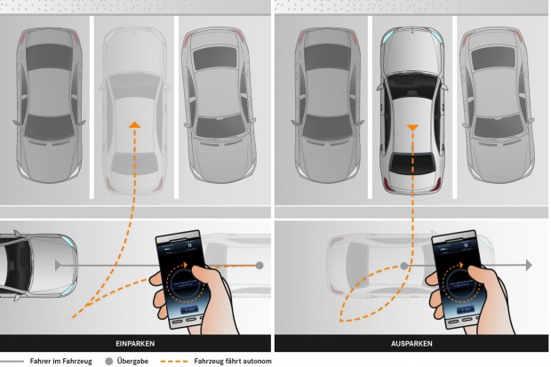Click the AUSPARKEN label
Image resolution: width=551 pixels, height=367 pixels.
pos(411,342)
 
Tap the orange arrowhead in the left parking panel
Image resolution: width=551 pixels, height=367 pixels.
pos(133,125)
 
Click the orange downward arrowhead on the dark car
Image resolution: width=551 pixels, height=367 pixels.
pos(411,130)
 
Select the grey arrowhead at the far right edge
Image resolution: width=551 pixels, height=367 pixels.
pos(526,265)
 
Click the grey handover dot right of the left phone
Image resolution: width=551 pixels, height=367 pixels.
pos(260,265)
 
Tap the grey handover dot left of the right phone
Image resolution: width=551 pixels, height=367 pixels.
pos(403,265)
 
